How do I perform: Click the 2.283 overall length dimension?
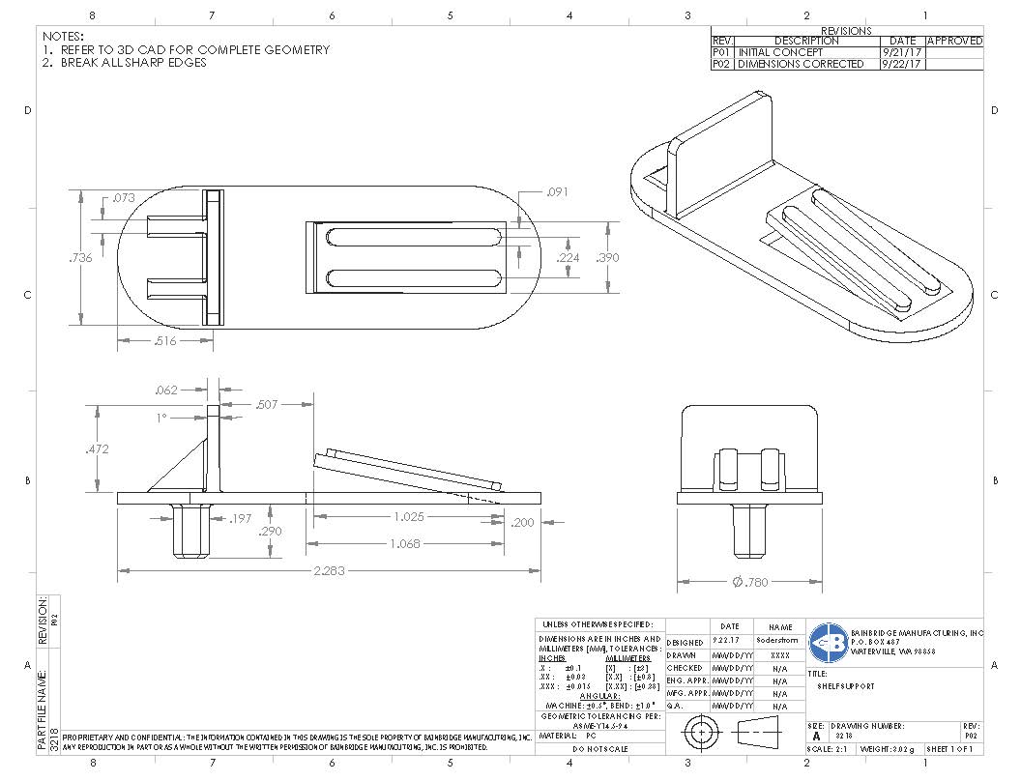pos(328,571)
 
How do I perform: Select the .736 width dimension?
pos(81,258)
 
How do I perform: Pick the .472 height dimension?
pos(95,449)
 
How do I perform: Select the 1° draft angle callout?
pos(161,418)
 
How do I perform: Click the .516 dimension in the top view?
pos(164,340)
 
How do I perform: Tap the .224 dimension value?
pos(568,258)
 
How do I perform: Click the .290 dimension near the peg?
pos(271,532)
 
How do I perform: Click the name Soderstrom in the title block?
pos(780,641)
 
